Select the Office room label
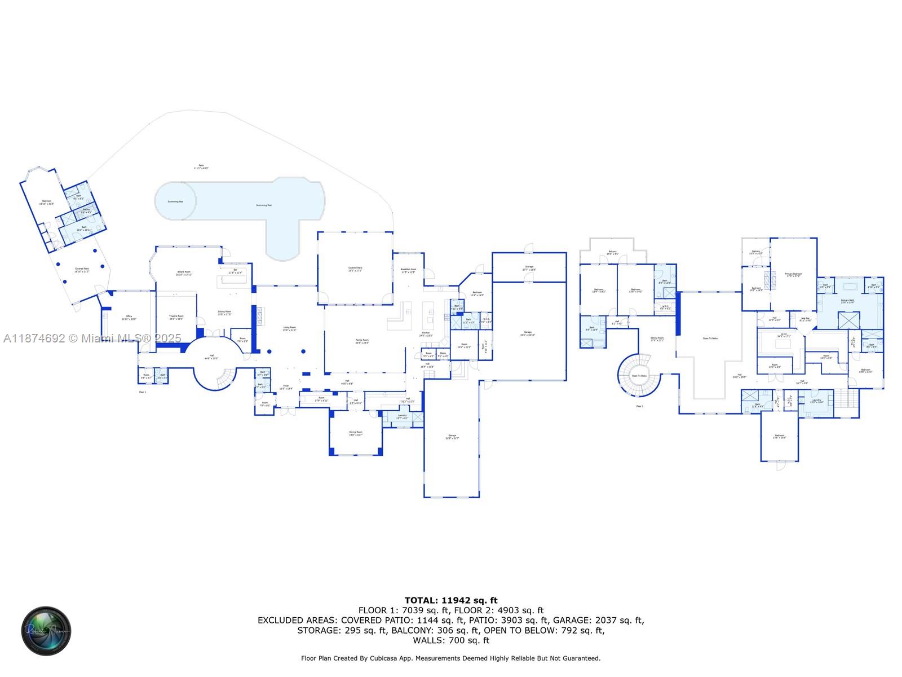[x=129, y=318]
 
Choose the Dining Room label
[x=356, y=433]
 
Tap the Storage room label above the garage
[x=529, y=268]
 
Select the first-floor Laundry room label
[x=402, y=416]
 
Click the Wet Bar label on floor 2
[x=805, y=319]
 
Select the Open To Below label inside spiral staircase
[x=639, y=376]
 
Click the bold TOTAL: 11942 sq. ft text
[x=451, y=600]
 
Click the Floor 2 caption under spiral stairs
[x=640, y=406]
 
